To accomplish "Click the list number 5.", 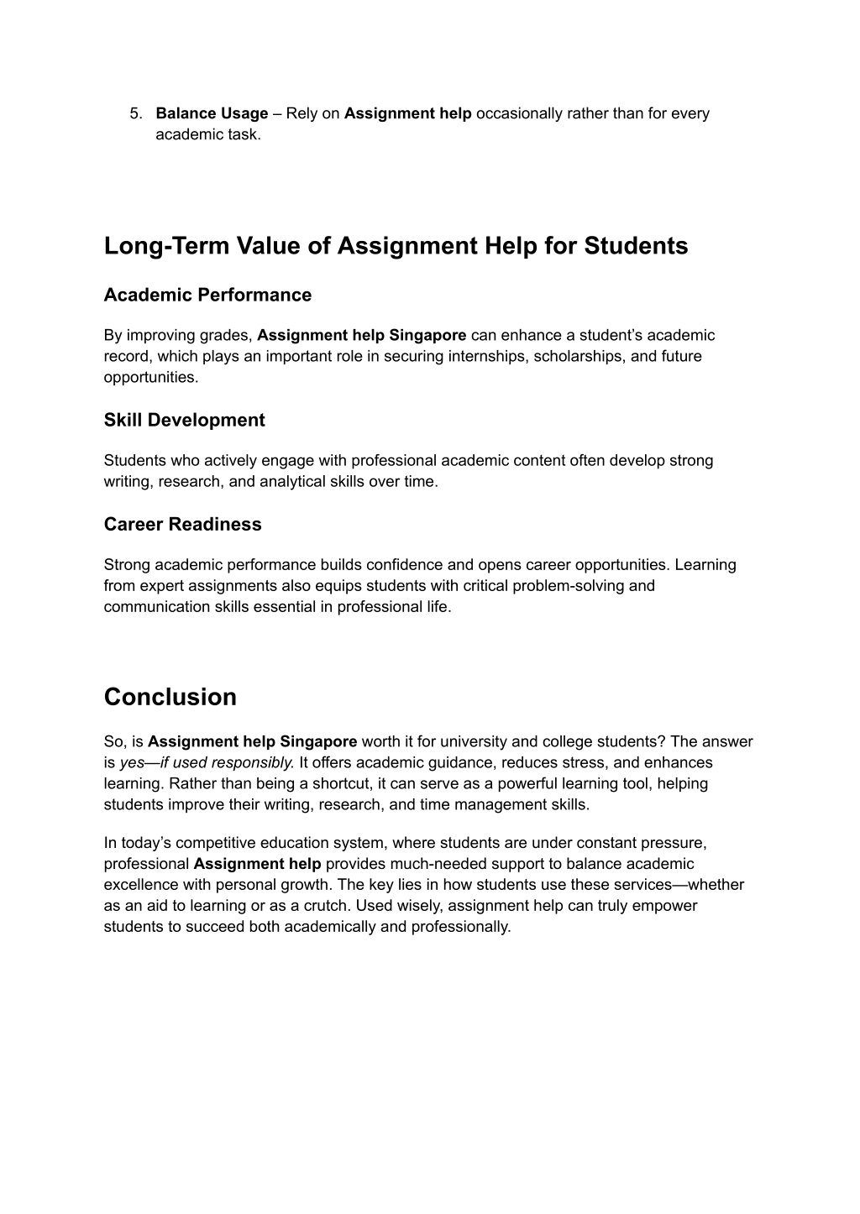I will [135, 113].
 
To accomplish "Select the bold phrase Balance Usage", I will [212, 113].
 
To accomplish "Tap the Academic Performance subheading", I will [207, 295].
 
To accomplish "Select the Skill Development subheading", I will [184, 420].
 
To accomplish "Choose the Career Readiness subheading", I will [182, 524].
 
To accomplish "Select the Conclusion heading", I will [170, 697].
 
